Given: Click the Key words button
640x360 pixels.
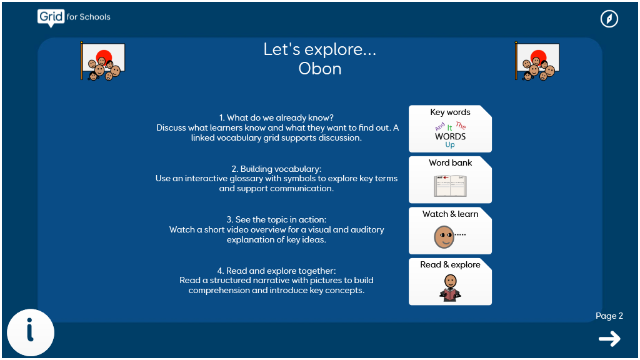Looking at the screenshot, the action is [450, 129].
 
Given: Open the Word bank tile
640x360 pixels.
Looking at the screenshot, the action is [450, 179].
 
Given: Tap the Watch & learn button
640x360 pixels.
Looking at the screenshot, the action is [450, 231].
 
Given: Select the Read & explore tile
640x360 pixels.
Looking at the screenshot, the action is [450, 282].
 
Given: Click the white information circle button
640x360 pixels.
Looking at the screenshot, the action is [31, 332].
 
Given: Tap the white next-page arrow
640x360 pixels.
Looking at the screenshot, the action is [610, 339].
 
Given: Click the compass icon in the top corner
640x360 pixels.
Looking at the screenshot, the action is [609, 19].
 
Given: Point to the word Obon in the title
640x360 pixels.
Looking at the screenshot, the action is [320, 69].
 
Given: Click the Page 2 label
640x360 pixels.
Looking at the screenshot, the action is [609, 316].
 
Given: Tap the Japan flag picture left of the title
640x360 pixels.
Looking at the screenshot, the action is [103, 61].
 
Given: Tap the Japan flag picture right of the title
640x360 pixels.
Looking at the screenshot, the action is [537, 61].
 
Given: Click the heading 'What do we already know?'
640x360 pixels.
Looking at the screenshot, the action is [280, 117].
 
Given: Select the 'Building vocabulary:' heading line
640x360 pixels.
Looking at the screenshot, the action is [276, 169].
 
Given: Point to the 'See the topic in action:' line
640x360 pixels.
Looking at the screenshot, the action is [276, 219].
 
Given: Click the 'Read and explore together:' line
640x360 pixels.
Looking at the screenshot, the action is [276, 271].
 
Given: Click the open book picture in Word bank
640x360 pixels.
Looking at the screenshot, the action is [450, 186].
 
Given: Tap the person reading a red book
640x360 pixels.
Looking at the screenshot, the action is [450, 287].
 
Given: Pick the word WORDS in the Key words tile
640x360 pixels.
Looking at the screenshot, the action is [450, 136].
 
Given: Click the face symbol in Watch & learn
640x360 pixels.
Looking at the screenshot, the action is [444, 237].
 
